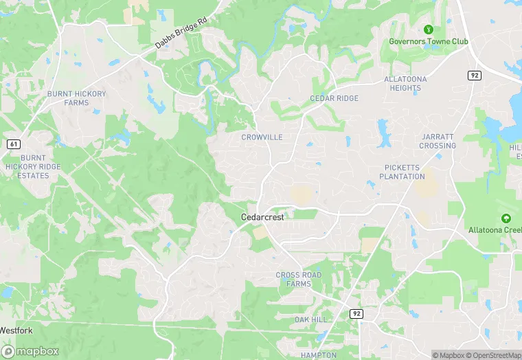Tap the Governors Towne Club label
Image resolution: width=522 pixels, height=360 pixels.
tap(429, 41)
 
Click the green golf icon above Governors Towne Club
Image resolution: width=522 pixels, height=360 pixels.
tap(429, 30)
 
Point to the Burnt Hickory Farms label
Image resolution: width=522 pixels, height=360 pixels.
tap(67, 98)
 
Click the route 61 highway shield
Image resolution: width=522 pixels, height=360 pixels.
tap(13, 144)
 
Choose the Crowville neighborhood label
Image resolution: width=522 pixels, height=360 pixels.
tap(262, 137)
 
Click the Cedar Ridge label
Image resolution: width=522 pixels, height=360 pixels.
tap(334, 99)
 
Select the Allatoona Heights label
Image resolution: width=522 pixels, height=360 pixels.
tap(405, 83)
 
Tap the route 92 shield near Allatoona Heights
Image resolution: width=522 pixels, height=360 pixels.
tap(474, 75)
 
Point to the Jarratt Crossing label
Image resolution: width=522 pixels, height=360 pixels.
tap(438, 141)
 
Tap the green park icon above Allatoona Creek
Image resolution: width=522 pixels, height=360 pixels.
tap(506, 218)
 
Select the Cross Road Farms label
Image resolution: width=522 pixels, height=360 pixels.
tap(298, 279)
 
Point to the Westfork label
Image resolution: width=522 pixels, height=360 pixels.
tap(15, 330)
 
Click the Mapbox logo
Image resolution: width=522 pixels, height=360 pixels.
tap(30, 351)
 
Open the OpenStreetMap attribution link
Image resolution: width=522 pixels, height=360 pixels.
tap(493, 355)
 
